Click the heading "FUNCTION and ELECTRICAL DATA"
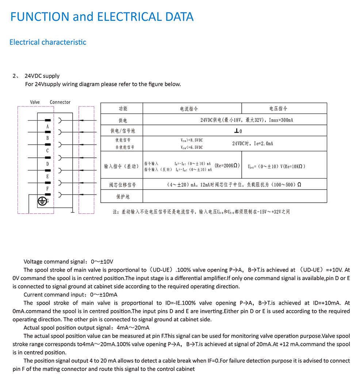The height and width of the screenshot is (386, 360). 102,17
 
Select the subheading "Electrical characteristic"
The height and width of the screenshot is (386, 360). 48,42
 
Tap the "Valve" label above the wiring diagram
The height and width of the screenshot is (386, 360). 35,102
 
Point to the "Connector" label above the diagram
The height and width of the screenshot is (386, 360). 60,102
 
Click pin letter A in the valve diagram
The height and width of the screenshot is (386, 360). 47,126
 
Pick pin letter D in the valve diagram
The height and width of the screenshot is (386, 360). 47,164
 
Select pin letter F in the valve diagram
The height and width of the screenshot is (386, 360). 47,188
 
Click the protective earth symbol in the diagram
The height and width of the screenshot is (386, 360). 42,200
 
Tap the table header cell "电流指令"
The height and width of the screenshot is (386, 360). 189,108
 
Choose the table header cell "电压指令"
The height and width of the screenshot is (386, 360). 279,108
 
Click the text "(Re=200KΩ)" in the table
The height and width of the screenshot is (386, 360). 227,165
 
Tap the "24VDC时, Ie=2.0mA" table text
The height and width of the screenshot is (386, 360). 253,144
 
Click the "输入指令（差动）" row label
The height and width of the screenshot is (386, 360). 122,166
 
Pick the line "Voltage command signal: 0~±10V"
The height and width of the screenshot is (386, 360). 68,261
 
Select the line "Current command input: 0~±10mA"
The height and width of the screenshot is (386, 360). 70,294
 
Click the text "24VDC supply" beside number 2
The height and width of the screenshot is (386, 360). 42,76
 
